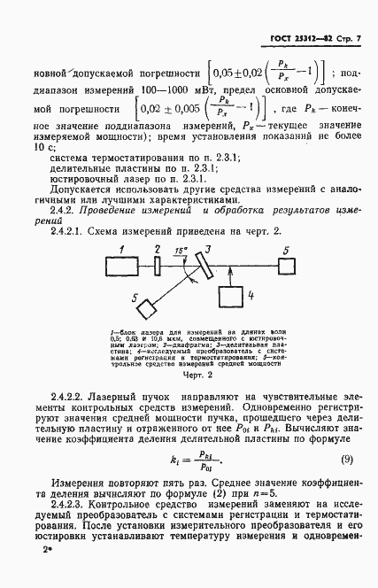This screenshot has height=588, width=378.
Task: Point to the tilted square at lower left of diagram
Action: [143, 307]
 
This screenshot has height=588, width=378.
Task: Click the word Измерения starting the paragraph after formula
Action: [83, 483]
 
